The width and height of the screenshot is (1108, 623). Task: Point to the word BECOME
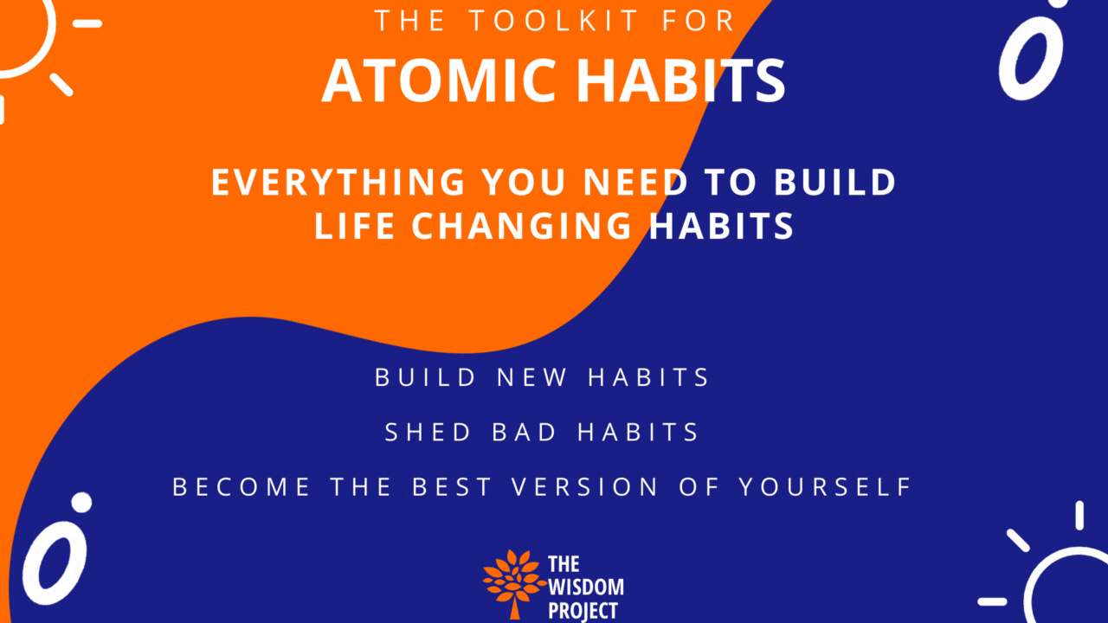pyautogui.click(x=242, y=486)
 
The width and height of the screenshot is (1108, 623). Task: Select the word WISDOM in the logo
pyautogui.click(x=585, y=588)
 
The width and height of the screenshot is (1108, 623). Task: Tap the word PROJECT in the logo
pyautogui.click(x=583, y=610)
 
